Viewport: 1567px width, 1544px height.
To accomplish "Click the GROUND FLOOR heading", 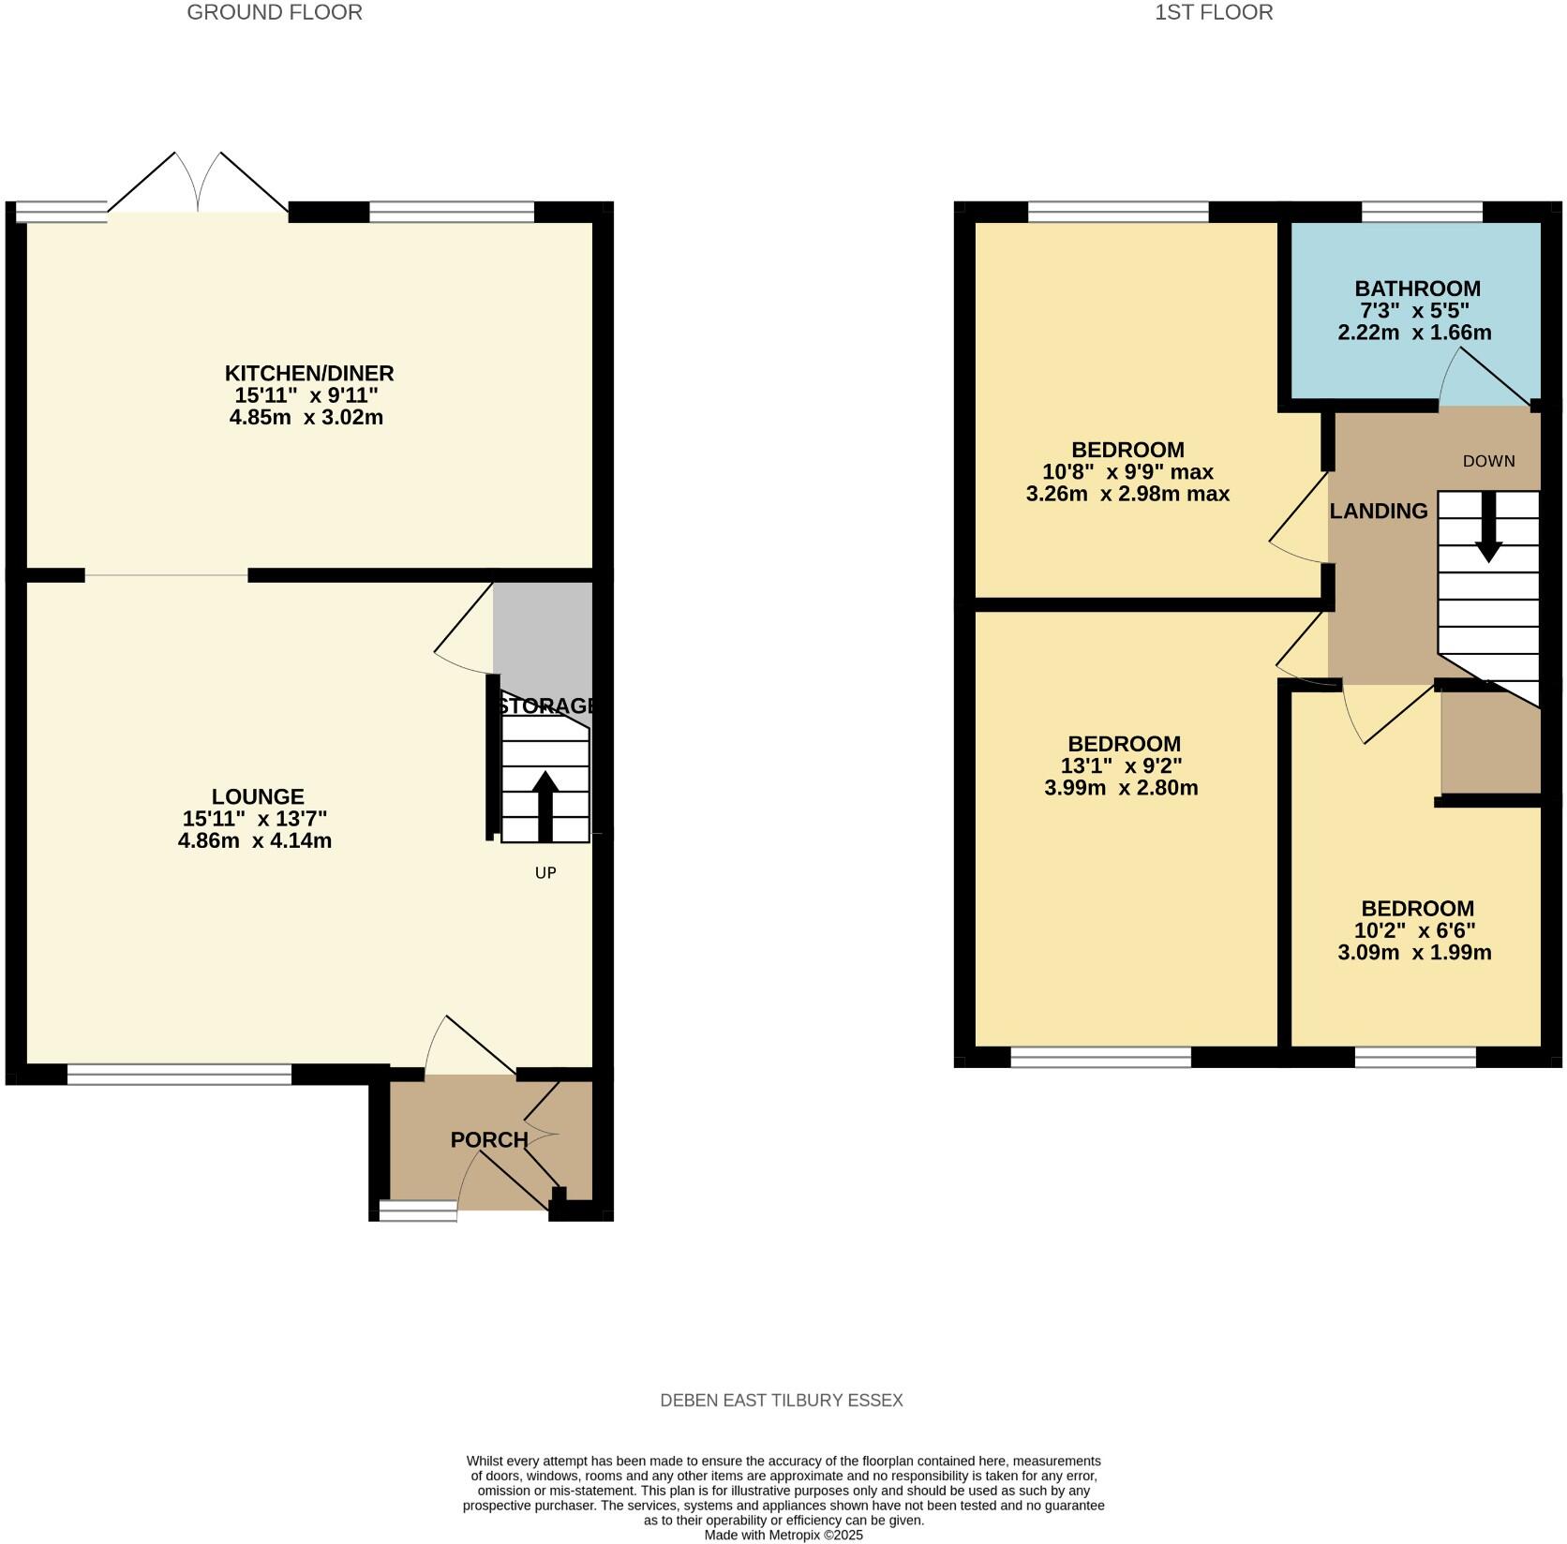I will coord(275,12).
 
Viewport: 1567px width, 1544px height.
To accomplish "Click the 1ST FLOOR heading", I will coord(1214,12).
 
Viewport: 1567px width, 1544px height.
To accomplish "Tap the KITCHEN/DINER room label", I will coord(308,373).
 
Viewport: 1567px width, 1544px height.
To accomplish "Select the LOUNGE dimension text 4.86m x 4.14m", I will coord(255,840).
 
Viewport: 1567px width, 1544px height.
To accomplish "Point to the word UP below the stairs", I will coord(545,872).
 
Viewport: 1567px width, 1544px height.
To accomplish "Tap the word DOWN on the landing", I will coord(1488,461).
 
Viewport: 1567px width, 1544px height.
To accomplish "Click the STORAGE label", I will coord(547,705).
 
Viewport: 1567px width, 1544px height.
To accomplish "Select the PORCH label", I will coord(489,1139).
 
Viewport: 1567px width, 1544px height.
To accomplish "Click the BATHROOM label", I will coord(1417,289).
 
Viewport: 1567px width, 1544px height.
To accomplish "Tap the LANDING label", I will coord(1379,511).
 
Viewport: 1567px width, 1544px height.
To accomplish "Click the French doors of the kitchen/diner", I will coord(198,187).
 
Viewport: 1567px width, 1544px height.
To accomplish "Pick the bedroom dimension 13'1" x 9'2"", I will coord(1121,765).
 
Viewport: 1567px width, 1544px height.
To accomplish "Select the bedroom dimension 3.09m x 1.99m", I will coord(1414,953).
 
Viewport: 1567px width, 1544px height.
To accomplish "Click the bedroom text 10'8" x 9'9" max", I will coord(1127,471).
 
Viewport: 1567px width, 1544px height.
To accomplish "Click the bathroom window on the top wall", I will coord(1422,213).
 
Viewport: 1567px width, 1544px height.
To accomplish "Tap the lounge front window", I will coord(180,1075).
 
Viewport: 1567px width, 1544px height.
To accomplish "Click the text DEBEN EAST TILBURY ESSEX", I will coord(782,1401).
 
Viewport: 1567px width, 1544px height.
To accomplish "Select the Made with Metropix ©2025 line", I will coord(783,1535).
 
